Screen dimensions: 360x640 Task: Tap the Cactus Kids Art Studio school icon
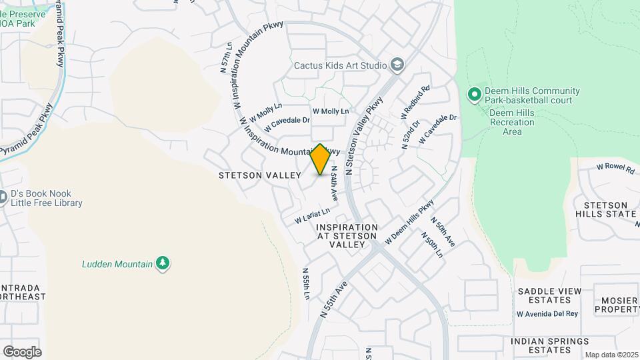pos(398,65)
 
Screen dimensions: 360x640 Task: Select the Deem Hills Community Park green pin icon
pos(475,95)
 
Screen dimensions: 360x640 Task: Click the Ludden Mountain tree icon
pos(162,263)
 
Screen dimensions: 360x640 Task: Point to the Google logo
pos(22,352)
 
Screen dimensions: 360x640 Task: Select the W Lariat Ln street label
pos(313,215)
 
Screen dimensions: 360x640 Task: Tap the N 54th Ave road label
pos(335,183)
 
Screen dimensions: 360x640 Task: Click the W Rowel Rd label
pos(615,168)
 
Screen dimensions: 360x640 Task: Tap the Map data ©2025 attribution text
pos(611,355)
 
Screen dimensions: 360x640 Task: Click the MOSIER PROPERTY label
pos(617,305)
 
